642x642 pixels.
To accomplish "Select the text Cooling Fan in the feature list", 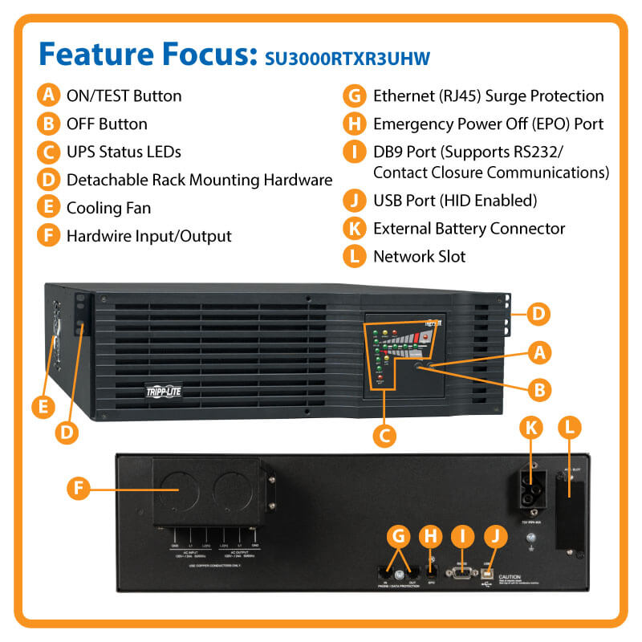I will click(x=108, y=208).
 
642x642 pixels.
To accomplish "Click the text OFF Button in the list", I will click(x=107, y=124).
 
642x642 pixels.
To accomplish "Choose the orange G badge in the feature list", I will click(x=353, y=96).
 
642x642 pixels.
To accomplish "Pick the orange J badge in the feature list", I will click(x=353, y=200).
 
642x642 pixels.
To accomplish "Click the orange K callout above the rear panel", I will click(x=530, y=428).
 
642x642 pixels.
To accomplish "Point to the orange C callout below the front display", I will click(x=385, y=436).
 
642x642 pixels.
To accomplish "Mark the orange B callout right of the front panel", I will click(x=540, y=389).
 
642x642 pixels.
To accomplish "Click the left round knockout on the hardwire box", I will click(x=181, y=490).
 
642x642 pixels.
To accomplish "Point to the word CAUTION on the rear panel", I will click(x=511, y=577).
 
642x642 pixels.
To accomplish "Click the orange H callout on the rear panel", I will click(x=433, y=536).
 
